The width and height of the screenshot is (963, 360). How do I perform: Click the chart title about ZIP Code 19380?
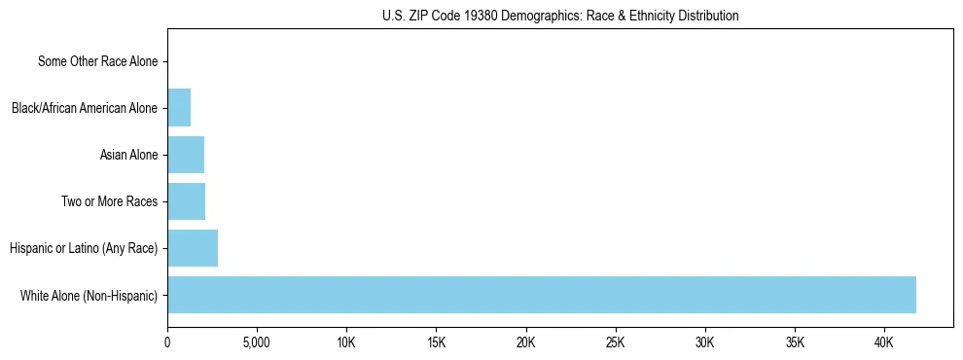(x=559, y=16)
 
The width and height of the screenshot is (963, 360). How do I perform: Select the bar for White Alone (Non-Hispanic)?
(x=542, y=295)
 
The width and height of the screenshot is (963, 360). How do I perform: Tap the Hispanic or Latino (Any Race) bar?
(x=193, y=248)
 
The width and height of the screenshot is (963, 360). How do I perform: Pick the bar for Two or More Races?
(x=186, y=201)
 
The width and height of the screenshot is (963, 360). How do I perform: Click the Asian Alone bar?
(x=186, y=155)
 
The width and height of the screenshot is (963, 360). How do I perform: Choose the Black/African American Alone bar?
(x=179, y=108)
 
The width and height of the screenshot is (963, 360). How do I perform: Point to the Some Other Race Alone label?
(x=97, y=61)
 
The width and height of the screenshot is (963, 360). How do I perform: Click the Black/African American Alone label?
(x=84, y=108)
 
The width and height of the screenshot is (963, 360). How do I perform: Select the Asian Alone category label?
(x=128, y=155)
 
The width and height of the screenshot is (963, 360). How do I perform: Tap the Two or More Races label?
(x=114, y=201)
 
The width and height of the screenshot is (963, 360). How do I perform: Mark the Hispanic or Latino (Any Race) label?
(x=84, y=248)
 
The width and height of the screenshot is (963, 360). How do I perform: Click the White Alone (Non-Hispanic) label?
(x=89, y=295)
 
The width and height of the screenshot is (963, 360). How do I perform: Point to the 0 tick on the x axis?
(x=167, y=342)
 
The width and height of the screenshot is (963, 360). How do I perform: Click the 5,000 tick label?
(x=257, y=342)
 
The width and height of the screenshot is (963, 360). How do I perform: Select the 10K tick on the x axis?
(x=346, y=342)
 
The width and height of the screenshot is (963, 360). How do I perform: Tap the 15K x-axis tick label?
(x=436, y=342)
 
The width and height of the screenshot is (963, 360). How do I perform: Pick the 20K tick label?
(x=526, y=342)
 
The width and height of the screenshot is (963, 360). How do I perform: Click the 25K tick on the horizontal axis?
(x=616, y=342)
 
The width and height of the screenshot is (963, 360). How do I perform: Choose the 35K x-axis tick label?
(x=795, y=342)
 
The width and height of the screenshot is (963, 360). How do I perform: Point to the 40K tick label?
(x=884, y=342)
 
